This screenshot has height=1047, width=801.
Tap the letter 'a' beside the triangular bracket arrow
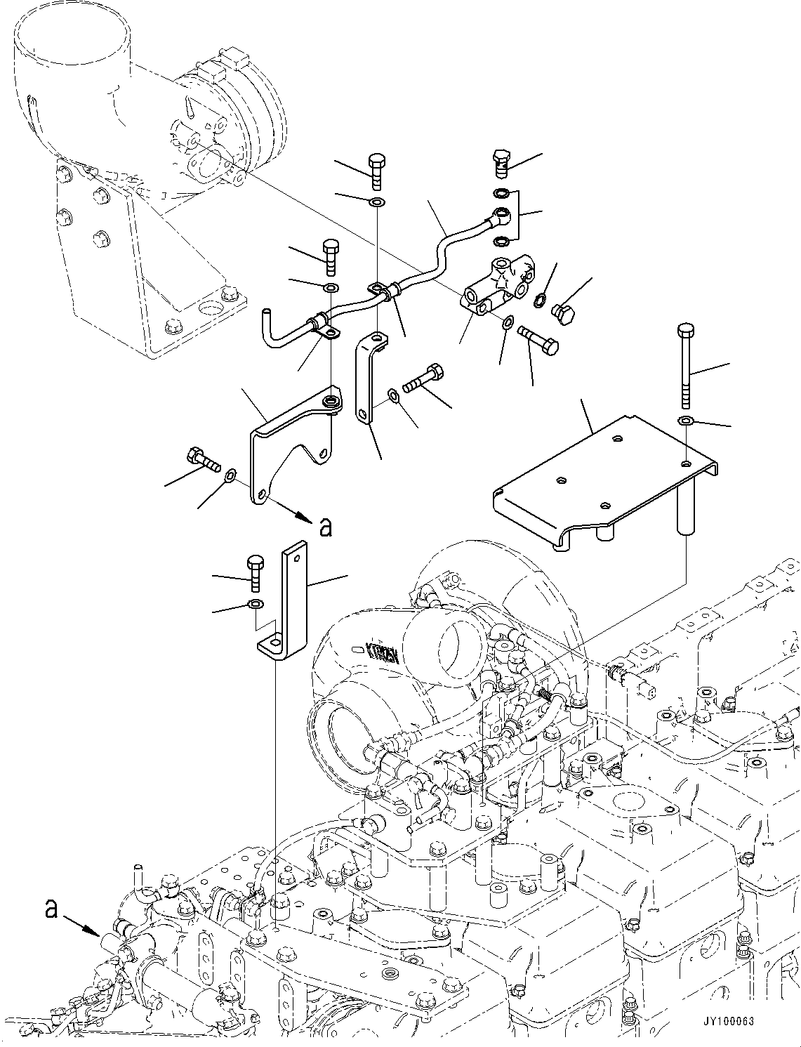(x=325, y=526)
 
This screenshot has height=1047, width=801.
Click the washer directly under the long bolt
(x=686, y=420)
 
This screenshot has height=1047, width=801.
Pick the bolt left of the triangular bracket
(x=203, y=459)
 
